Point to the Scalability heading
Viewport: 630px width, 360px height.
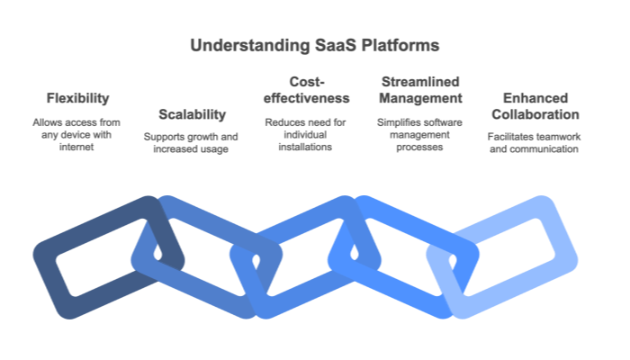click(192, 114)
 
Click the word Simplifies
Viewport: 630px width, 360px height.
click(395, 121)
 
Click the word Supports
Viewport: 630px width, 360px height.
click(164, 137)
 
